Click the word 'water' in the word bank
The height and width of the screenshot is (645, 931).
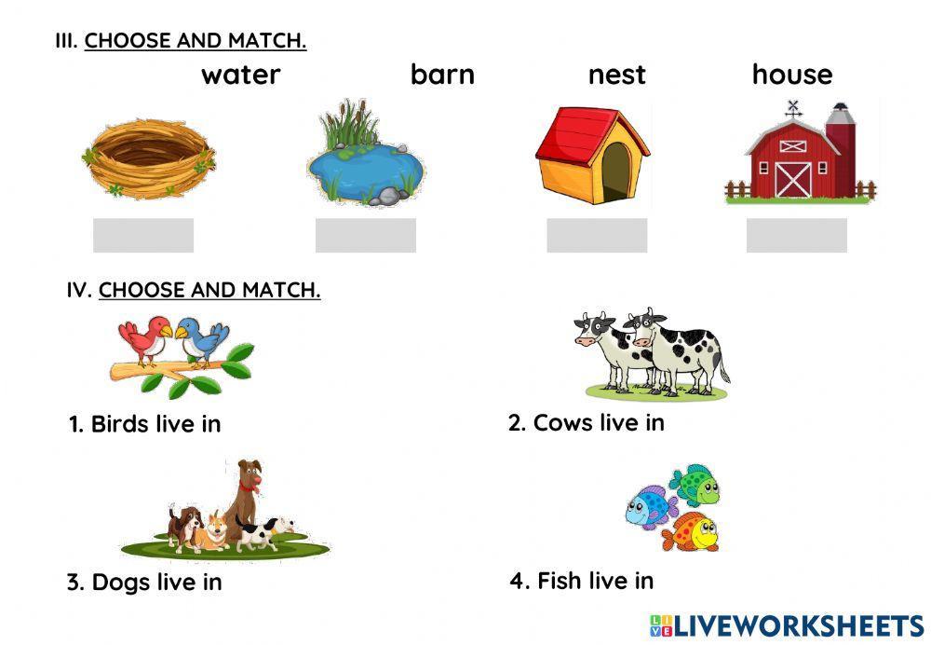240,75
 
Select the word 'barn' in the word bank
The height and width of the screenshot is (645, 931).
442,75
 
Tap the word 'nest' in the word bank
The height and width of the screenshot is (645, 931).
616,75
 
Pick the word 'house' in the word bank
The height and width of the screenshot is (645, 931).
792,75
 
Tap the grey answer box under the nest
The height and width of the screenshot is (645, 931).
143,235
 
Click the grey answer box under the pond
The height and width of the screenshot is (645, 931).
366,235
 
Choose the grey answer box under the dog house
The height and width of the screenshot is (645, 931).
597,235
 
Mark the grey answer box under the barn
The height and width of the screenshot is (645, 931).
797,235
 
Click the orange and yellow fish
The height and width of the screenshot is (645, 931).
692,531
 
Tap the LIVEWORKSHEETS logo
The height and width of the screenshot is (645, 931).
787,624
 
